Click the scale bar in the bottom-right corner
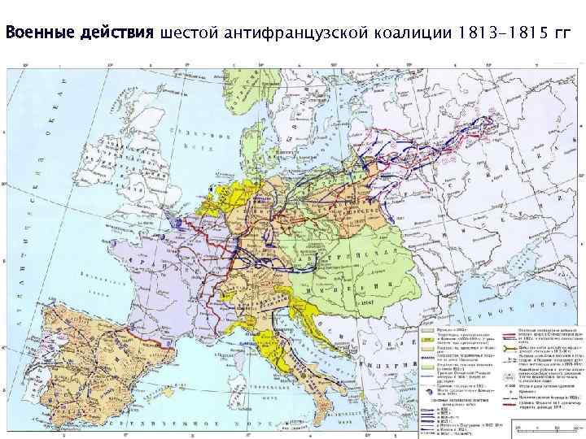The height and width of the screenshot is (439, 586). coord(537,426)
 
